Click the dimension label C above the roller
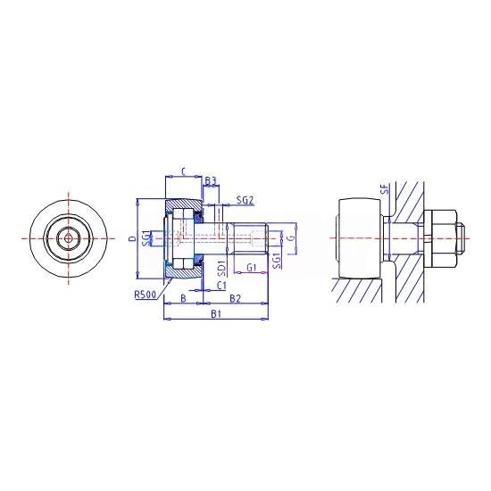pyautogui.click(x=184, y=171)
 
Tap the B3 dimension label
pyautogui.click(x=211, y=180)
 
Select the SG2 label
pyautogui.click(x=245, y=200)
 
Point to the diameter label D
pyautogui.click(x=133, y=239)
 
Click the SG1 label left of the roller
pyautogui.click(x=146, y=238)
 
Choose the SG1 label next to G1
pyautogui.click(x=277, y=262)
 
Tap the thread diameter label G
pyautogui.click(x=292, y=238)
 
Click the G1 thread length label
pyautogui.click(x=252, y=268)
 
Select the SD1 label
pyautogui.click(x=221, y=269)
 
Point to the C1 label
pyautogui.click(x=221, y=286)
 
